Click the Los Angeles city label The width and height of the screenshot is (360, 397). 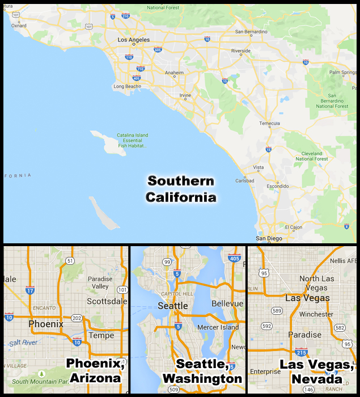pos(133,40)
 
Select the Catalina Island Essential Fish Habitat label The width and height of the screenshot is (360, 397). pos(133,140)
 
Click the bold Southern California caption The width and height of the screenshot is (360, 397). pos(181,189)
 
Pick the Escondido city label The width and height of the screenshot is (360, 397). pos(278,186)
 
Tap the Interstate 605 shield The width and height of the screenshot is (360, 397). pos(157,50)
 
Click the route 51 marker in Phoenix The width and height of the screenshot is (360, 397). pos(70,260)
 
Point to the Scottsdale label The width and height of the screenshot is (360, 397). pos(108,302)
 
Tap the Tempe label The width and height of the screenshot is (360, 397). pos(102,335)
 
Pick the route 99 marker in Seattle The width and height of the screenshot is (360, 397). pos(167,261)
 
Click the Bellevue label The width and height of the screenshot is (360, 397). pos(227,304)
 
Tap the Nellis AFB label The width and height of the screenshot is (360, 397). pos(342,261)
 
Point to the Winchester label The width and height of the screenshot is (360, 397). pos(316,314)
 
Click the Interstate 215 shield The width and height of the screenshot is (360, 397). pos(301,352)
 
